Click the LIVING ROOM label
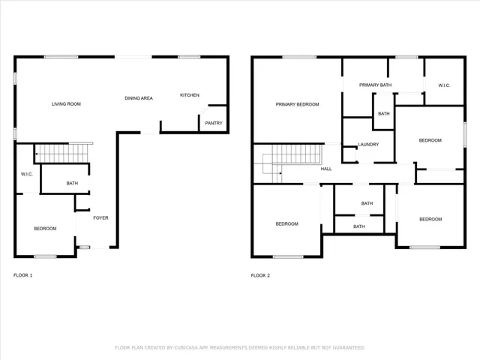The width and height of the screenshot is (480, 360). pyautogui.click(x=66, y=103)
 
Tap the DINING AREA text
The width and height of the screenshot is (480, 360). pyautogui.click(x=139, y=98)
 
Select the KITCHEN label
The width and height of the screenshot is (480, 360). pyautogui.click(x=189, y=95)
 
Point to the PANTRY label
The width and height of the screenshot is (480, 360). pyautogui.click(x=213, y=123)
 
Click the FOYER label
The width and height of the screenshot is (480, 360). pyautogui.click(x=100, y=218)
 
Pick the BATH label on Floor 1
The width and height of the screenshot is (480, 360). pyautogui.click(x=72, y=183)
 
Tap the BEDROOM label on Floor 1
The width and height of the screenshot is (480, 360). pyautogui.click(x=45, y=228)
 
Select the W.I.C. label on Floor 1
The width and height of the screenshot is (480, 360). pyautogui.click(x=25, y=175)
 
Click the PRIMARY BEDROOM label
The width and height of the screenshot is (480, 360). pyautogui.click(x=297, y=104)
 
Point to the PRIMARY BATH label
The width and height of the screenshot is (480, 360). pyautogui.click(x=375, y=85)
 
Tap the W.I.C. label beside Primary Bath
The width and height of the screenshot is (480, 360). pyautogui.click(x=444, y=85)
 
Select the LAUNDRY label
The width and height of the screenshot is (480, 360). pyautogui.click(x=368, y=145)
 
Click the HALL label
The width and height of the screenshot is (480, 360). pyautogui.click(x=326, y=169)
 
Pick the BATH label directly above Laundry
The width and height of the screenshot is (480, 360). pyautogui.click(x=384, y=114)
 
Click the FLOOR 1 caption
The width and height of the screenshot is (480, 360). pyautogui.click(x=23, y=275)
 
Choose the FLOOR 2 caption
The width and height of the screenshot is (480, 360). pyautogui.click(x=260, y=275)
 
